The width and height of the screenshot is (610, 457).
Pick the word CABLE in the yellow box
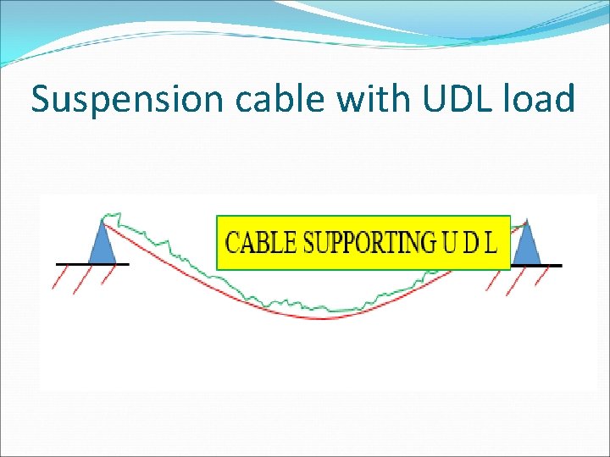coord(262,243)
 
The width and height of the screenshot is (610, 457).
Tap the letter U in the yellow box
coord(450,243)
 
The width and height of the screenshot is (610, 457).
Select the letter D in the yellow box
coord(472,243)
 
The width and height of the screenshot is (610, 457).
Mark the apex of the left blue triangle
coord(103,219)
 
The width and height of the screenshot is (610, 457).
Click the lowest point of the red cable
coord(322,319)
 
